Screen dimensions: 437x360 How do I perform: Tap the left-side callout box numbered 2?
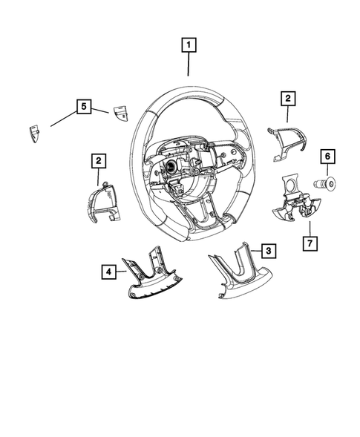[98, 160]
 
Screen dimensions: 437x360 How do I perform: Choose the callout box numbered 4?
[108, 272]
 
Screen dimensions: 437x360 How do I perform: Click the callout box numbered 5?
[84, 107]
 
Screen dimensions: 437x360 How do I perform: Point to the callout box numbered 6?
[327, 157]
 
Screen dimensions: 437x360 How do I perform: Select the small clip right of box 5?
[120, 112]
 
